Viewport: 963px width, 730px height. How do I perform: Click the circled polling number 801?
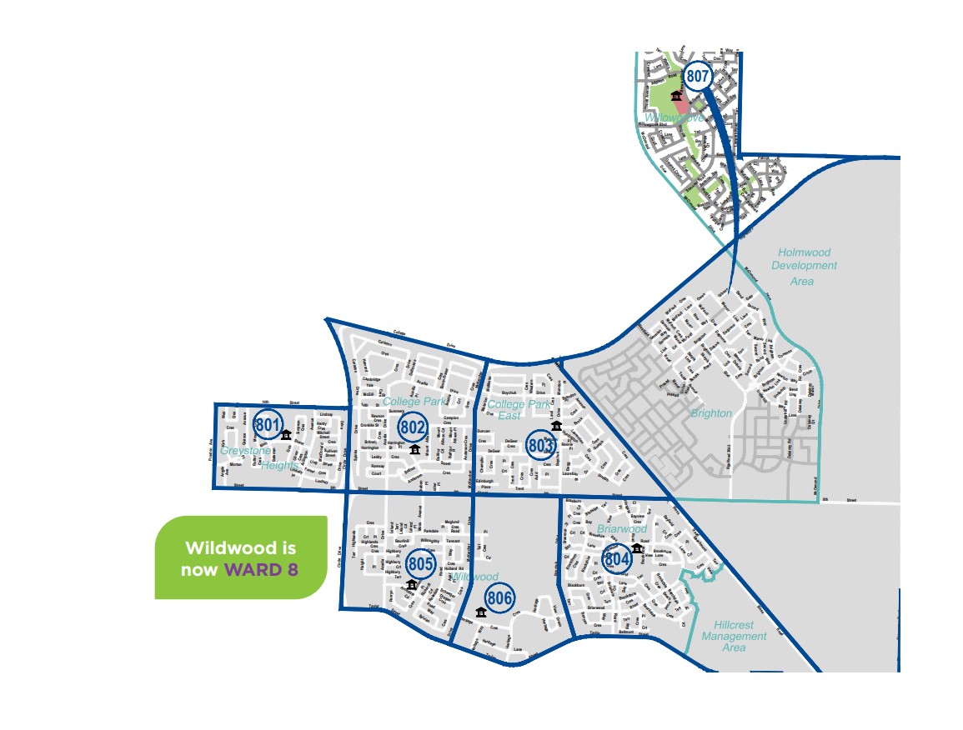point(268,425)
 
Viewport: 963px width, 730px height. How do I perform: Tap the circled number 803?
point(541,445)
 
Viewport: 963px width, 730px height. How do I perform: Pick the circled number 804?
point(616,559)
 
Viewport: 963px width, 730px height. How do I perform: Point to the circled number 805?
point(421,565)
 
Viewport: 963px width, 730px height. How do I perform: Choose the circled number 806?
point(499,597)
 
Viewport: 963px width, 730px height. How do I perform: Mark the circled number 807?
point(698,77)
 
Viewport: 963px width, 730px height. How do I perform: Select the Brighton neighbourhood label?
point(711,413)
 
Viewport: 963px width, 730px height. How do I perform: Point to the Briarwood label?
point(621,528)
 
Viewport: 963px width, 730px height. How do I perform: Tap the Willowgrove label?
point(668,118)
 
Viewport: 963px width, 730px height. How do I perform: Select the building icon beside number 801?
point(286,434)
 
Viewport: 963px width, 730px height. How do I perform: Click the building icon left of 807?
point(675,97)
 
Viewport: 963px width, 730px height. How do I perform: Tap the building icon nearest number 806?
point(481,612)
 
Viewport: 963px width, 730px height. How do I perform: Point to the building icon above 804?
point(636,547)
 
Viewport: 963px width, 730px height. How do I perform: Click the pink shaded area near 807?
point(682,104)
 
